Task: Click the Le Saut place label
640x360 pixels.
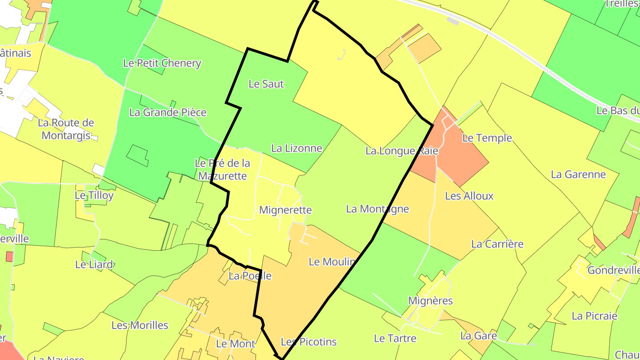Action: (266, 84)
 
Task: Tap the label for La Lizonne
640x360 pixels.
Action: (296, 148)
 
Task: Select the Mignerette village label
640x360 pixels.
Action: (285, 210)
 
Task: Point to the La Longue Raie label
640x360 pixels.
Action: (402, 151)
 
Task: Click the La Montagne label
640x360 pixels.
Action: (377, 208)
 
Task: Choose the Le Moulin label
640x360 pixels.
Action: (332, 262)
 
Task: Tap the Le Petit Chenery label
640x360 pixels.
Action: (162, 63)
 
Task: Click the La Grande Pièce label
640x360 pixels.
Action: (168, 112)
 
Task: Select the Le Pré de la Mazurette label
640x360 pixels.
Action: (222, 169)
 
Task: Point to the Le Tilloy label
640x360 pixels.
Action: (94, 195)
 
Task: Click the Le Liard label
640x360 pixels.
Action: (94, 264)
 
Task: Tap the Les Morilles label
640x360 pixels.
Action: (140, 325)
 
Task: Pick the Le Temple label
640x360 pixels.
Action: (487, 138)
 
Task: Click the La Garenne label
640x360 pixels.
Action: (578, 174)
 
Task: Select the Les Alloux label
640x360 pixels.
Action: (469, 196)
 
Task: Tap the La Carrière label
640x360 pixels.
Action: (497, 244)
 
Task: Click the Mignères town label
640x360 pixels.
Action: (430, 301)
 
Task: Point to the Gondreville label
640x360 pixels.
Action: (613, 270)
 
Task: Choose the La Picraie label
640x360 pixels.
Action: (594, 316)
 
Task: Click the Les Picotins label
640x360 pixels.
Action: (309, 342)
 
